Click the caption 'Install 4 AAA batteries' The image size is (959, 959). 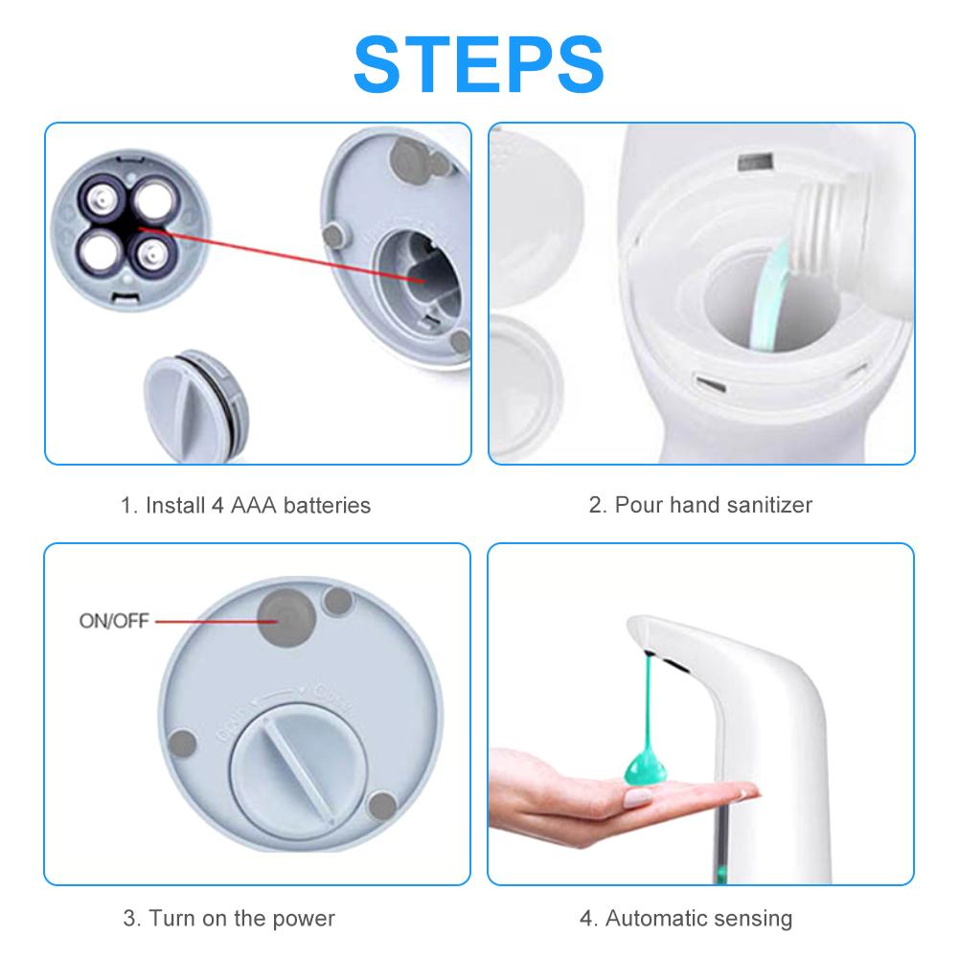coord(245,505)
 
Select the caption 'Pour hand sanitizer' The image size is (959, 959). coord(700,505)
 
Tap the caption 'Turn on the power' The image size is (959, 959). coord(229,918)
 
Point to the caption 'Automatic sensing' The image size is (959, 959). coord(686,918)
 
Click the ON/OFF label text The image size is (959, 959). coord(114,621)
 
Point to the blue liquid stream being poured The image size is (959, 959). coord(772,288)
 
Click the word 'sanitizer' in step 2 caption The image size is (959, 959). coord(769,505)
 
